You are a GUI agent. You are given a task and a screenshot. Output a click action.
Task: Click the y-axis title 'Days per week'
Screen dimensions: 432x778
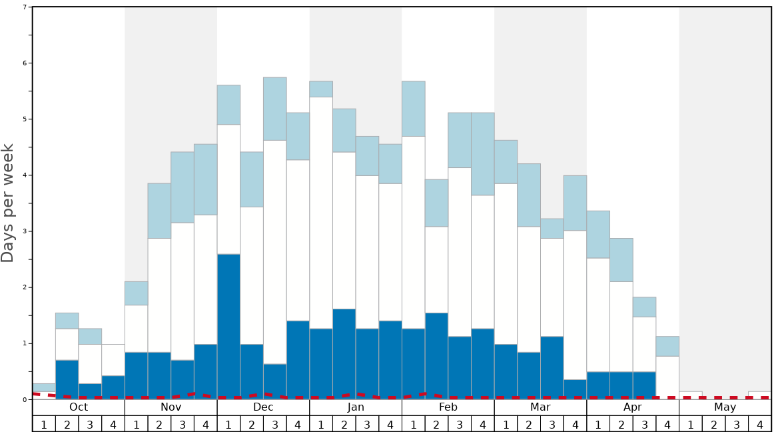(8, 203)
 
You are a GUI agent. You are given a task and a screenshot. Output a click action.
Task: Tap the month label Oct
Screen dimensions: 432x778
(79, 407)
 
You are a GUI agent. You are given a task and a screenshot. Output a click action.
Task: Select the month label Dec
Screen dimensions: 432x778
(263, 407)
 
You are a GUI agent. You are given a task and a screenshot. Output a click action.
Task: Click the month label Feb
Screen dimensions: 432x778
(448, 407)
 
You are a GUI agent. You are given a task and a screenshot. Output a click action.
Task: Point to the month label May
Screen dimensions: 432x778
(725, 407)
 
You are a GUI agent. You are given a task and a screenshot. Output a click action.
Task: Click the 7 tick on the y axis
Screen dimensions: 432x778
(25, 7)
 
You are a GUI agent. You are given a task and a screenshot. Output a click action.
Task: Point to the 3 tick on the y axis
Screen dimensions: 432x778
(25, 231)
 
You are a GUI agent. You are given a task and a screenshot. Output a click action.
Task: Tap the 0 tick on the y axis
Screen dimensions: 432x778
(25, 399)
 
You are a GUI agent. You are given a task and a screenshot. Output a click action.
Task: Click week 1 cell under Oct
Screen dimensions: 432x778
(44, 424)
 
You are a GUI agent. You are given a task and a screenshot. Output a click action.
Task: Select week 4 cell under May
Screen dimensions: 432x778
(760, 424)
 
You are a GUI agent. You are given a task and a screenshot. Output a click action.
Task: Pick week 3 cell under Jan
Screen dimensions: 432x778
(367, 424)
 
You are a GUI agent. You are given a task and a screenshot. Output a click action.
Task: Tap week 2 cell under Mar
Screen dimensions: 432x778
(529, 424)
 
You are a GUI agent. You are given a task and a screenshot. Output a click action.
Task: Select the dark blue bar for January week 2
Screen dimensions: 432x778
(344, 353)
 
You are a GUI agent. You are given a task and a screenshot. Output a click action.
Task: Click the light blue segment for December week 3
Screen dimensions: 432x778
(275, 109)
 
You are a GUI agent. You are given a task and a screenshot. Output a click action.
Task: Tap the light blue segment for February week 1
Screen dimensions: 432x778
(414, 109)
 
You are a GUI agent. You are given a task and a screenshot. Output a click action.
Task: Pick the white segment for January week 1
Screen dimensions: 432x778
(321, 213)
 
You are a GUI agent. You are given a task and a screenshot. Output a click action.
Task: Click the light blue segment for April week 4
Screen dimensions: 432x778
(667, 346)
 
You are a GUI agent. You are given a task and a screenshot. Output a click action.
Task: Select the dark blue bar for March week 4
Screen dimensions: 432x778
(575, 388)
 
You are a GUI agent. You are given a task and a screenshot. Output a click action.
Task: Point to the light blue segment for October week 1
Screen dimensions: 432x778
(44, 387)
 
